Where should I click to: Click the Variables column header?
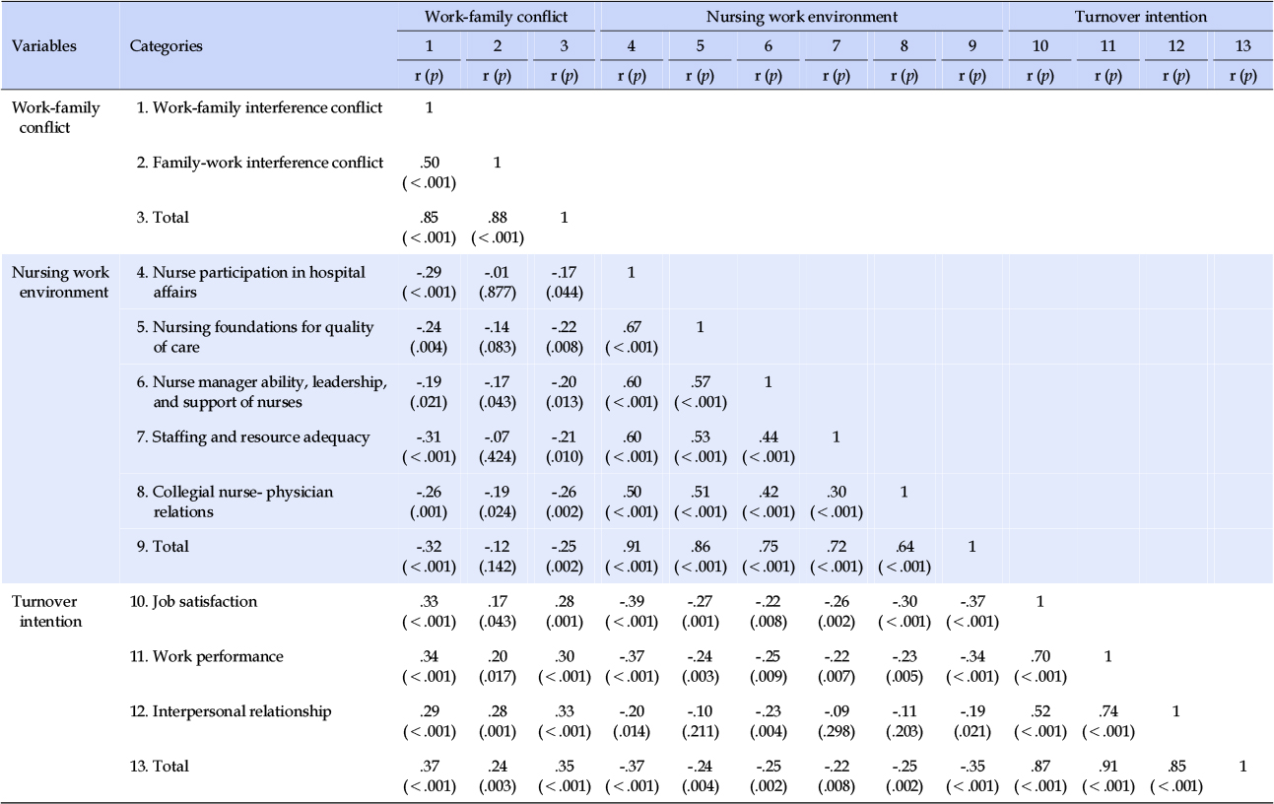43,46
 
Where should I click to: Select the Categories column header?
167,46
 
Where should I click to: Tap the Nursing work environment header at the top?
801,17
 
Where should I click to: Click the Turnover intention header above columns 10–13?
1140,17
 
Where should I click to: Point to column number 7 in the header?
836,46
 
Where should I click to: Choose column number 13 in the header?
1242,46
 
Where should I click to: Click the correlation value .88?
498,217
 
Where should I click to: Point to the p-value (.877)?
498,293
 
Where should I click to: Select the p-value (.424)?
498,457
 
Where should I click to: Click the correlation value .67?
632,327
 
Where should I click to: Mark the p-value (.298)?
837,732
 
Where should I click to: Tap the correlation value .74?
1107,711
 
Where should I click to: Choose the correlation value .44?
768,436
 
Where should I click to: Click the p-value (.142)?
498,567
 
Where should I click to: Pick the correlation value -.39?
632,602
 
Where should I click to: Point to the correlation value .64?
905,547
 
